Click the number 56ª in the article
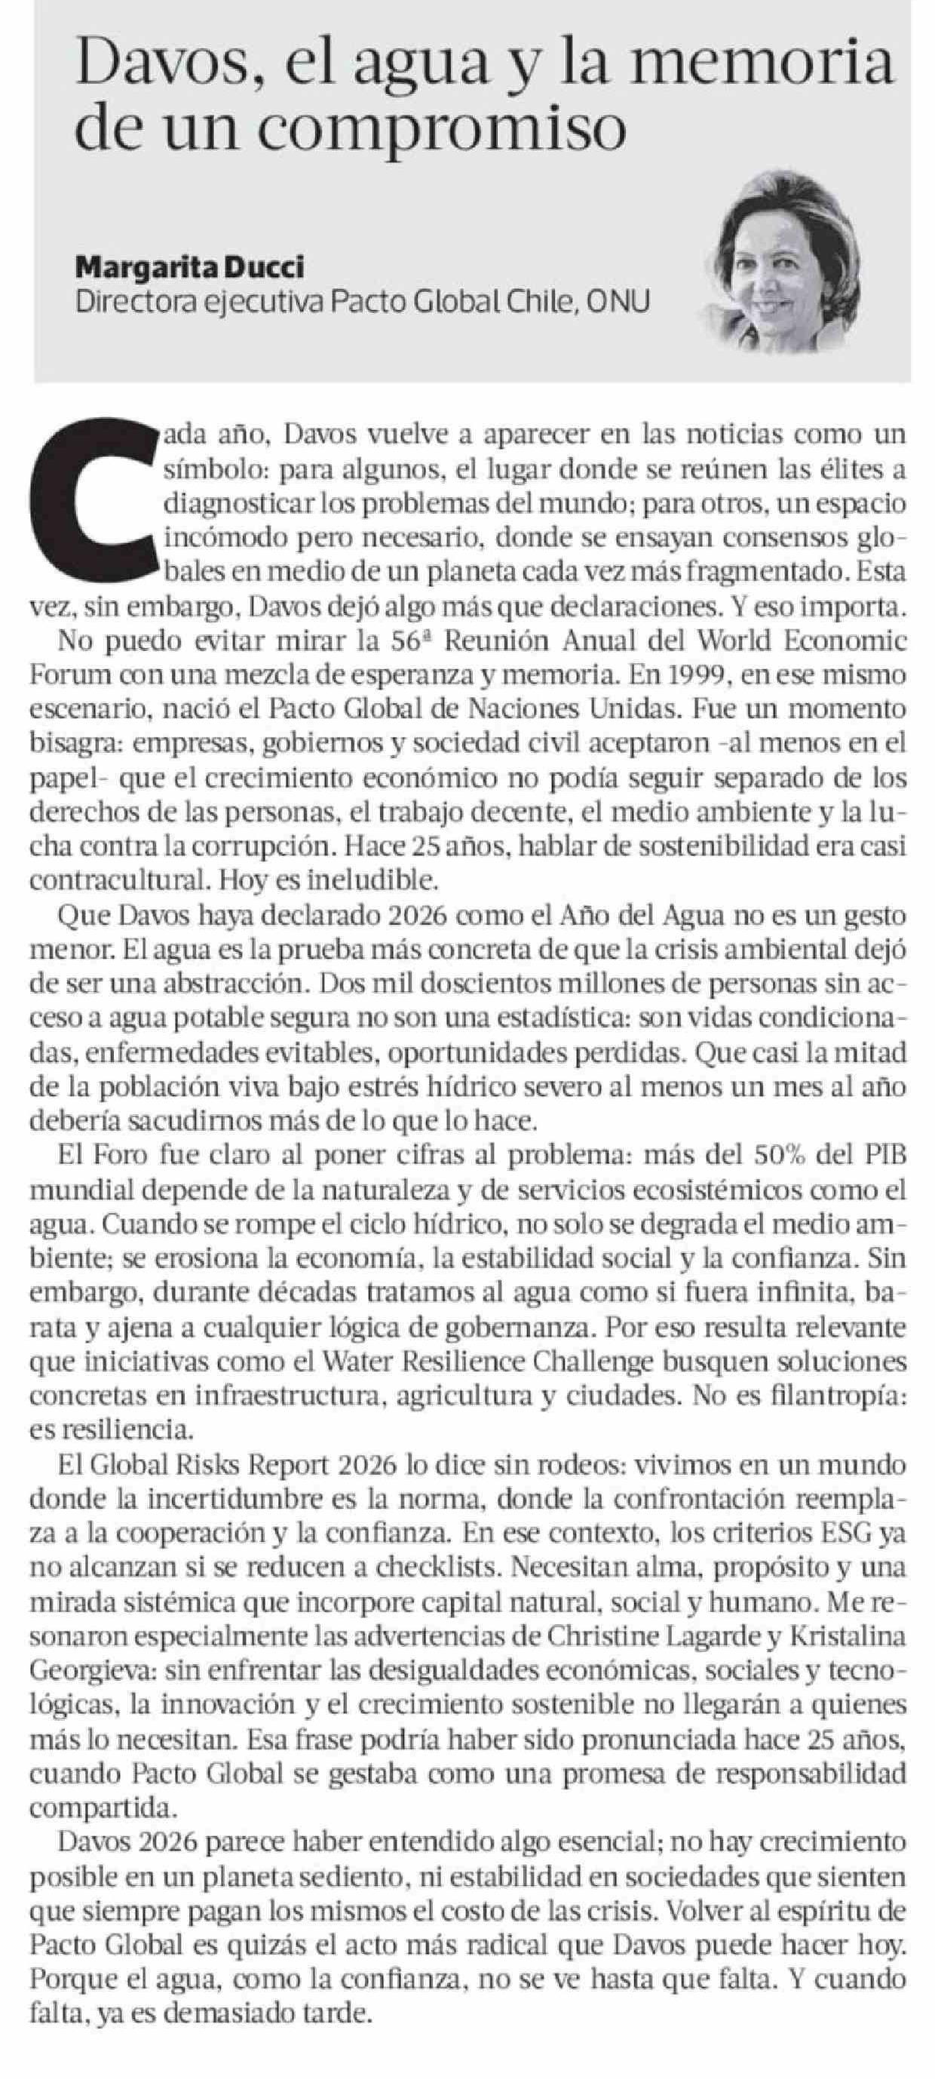406,642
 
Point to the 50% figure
786,1156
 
